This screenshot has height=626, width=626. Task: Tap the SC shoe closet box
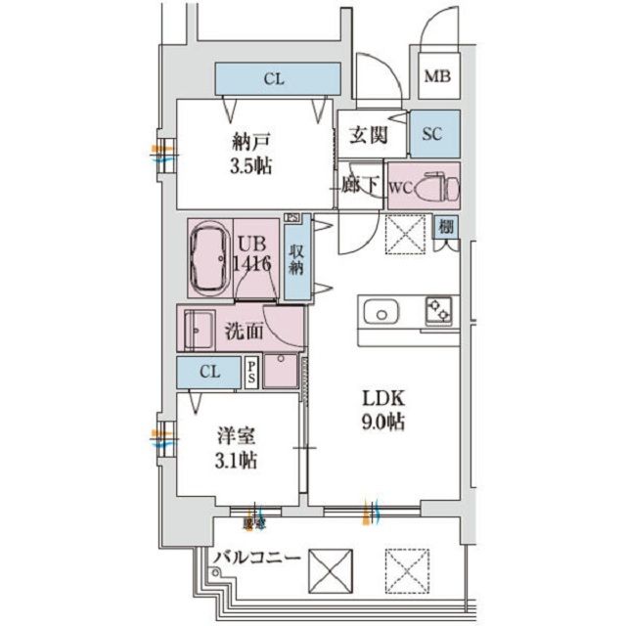[432, 136]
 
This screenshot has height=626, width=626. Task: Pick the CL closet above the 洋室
[208, 372]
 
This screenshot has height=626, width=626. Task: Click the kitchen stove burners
[437, 312]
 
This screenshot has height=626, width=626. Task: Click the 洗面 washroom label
[244, 331]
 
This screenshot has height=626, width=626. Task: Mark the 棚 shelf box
[446, 227]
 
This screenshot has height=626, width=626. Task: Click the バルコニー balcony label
[254, 558]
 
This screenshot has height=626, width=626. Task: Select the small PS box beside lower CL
[251, 372]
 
